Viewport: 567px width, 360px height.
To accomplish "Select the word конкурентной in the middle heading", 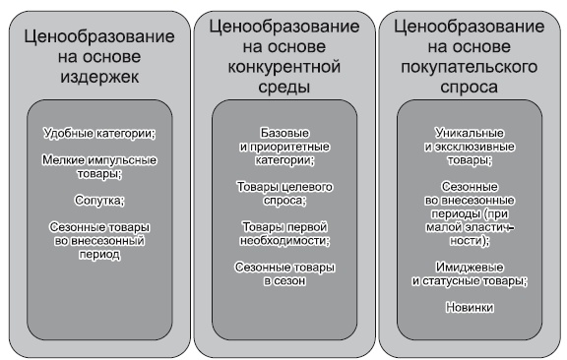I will tap(282, 66).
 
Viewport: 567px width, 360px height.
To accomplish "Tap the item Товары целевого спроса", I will tap(282, 193).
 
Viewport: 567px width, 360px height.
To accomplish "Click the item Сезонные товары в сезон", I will tap(282, 273).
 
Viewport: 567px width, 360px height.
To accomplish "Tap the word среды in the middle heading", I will tap(282, 87).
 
